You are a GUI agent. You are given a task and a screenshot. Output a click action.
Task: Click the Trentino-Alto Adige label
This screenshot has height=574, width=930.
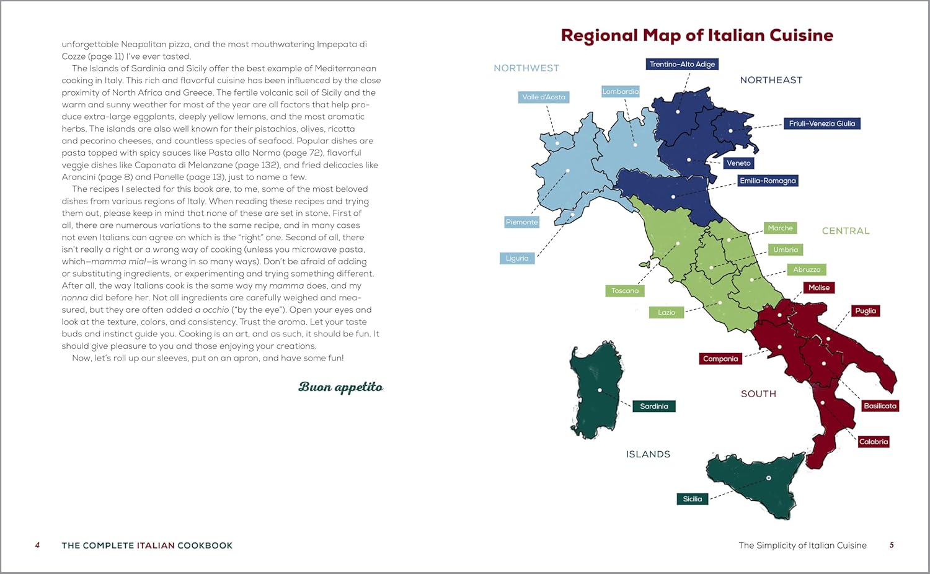tap(682, 64)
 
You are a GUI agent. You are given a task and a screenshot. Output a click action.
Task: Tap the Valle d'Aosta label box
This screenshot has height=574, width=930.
tap(544, 97)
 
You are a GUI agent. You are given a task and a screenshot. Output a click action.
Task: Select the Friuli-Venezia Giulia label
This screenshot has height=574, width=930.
tap(821, 123)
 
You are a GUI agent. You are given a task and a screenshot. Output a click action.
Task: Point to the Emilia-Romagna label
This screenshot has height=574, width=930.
tap(768, 181)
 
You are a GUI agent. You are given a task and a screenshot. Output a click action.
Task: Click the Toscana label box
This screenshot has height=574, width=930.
tap(625, 290)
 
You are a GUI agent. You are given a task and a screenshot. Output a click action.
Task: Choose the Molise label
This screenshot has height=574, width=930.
tap(818, 287)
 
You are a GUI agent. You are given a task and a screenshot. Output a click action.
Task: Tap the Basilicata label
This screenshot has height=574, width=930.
tap(880, 406)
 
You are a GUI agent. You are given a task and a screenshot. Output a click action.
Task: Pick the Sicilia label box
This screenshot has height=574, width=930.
tap(692, 499)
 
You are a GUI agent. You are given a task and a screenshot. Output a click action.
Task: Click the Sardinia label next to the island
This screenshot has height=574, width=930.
tap(654, 406)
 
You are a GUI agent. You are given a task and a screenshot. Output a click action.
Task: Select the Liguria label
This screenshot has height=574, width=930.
tap(517, 258)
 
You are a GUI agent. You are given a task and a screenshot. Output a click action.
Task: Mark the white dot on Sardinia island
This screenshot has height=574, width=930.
tap(600, 390)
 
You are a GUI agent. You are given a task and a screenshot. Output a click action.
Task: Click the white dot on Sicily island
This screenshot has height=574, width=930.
tap(769, 478)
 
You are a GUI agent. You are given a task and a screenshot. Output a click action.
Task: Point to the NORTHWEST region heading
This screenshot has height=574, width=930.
tap(526, 68)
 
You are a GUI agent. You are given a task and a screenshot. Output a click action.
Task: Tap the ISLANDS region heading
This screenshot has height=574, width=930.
tap(648, 454)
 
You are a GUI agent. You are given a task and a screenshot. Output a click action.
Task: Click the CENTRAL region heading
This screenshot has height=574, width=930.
tap(846, 231)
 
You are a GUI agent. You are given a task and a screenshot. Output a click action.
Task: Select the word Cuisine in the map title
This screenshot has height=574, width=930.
tap(801, 35)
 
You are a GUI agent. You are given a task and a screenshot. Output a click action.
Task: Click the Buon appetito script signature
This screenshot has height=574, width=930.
tap(340, 387)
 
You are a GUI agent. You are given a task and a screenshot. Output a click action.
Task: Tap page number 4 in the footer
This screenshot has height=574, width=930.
tap(37, 545)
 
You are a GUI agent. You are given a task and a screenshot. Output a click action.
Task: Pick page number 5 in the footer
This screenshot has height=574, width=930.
tap(892, 545)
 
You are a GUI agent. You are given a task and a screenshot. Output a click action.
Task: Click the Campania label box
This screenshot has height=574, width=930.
tap(720, 359)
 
